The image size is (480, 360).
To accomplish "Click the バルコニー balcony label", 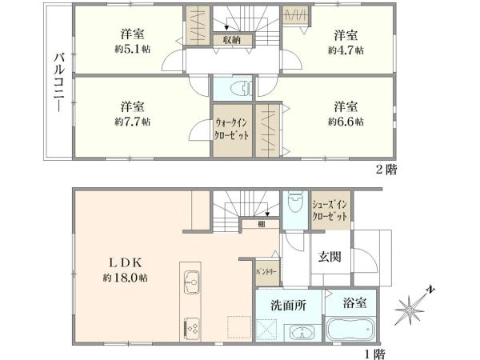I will pyautogui.click(x=59, y=80).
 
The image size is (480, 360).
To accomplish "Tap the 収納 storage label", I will pyautogui.click(x=232, y=39).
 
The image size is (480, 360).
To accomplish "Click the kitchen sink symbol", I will pyautogui.click(x=193, y=280).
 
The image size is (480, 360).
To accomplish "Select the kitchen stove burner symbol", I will pyautogui.click(x=193, y=326).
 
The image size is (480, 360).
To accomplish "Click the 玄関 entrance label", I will pyautogui.click(x=329, y=256).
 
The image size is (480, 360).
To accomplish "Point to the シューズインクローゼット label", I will pyautogui.click(x=330, y=210).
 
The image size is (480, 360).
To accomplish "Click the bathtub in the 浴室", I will pyautogui.click(x=350, y=330).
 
